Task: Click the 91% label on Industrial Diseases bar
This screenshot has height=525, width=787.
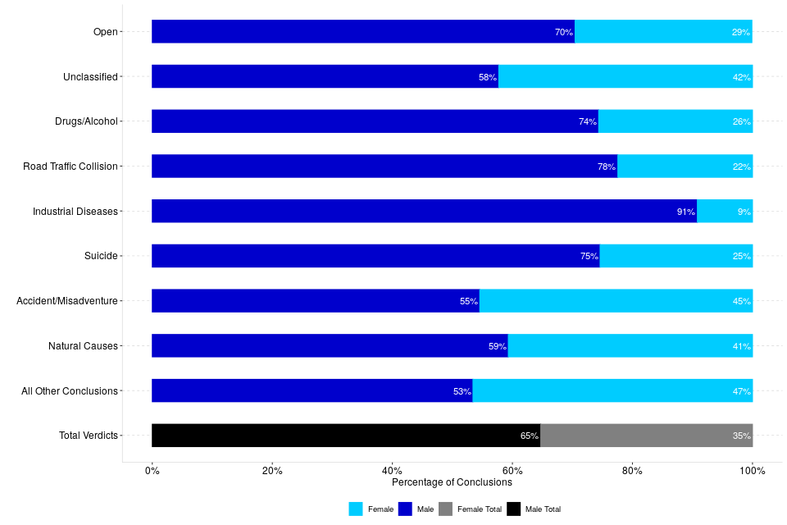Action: (685, 212)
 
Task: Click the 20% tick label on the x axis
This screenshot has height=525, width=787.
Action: (272, 471)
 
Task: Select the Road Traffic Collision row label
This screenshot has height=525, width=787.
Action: (71, 167)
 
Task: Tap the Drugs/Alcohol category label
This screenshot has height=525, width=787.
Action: (86, 121)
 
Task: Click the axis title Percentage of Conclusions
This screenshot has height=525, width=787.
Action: (452, 482)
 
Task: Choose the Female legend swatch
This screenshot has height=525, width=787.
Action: (356, 509)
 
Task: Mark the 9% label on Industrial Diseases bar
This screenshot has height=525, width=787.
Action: (744, 212)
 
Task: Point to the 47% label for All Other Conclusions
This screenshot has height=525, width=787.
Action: (741, 391)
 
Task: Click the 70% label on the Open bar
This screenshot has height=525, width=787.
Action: (563, 32)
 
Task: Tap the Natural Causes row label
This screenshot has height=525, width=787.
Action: (83, 346)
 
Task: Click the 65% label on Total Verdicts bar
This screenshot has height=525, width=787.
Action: (529, 436)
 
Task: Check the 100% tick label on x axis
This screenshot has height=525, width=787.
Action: (752, 471)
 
